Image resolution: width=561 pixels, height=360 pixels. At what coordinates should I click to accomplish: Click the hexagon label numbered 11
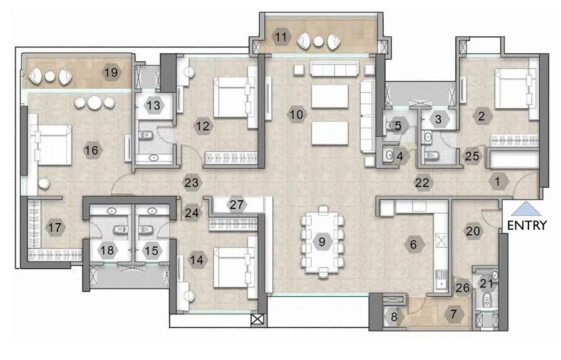tap(281, 38)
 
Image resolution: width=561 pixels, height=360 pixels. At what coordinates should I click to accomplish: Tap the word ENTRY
tap(527, 225)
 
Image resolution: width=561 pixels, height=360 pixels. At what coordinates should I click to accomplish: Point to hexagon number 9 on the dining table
tap(322, 241)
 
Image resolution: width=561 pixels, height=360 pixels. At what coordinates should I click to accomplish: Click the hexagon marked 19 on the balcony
tap(111, 73)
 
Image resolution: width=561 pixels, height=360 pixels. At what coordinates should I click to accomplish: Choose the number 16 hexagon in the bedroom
tap(91, 150)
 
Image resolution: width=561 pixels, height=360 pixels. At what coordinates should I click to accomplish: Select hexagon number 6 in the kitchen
tap(413, 244)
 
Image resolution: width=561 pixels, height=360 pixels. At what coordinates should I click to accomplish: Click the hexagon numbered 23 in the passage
tap(191, 183)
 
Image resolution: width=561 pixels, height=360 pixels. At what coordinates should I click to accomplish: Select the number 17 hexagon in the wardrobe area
tap(55, 227)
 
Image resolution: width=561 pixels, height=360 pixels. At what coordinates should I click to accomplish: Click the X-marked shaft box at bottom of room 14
tap(255, 319)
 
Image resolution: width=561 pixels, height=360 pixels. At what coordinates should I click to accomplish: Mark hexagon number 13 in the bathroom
tap(153, 106)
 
